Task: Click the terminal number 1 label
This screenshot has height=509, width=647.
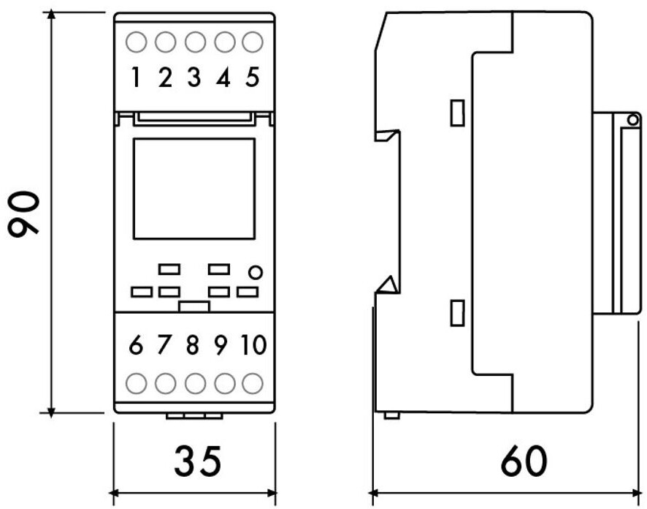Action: (x=136, y=77)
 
